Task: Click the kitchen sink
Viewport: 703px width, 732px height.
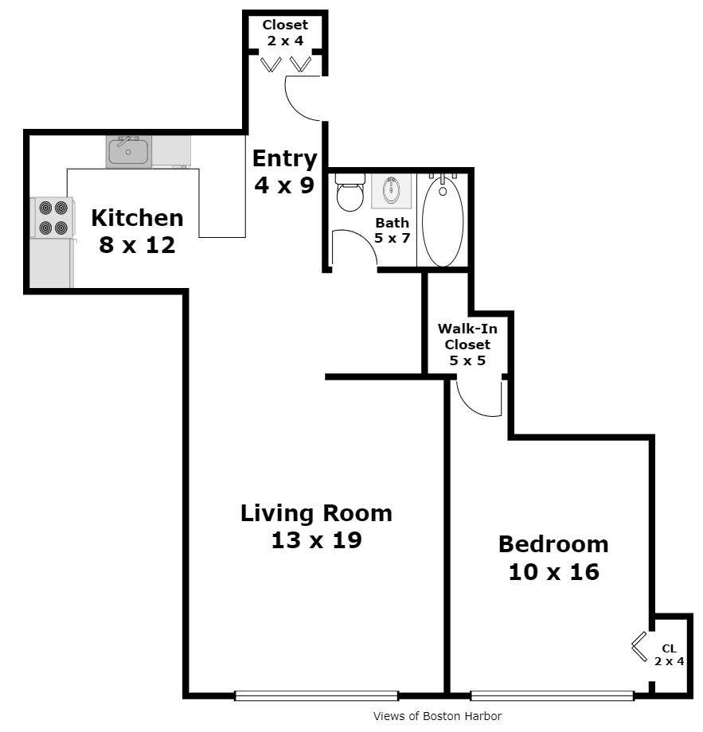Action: click(x=129, y=152)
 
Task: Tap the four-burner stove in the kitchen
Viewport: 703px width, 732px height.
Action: click(x=53, y=217)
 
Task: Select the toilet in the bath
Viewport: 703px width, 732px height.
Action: click(x=349, y=194)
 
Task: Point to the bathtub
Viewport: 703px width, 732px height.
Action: click(x=443, y=221)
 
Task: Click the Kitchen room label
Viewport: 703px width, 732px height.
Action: click(x=137, y=217)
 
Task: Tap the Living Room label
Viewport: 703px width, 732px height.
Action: click(x=316, y=513)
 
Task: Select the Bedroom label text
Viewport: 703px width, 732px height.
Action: click(x=553, y=544)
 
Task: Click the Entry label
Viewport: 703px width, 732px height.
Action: click(x=284, y=159)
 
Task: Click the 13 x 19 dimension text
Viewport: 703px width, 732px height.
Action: click(x=316, y=540)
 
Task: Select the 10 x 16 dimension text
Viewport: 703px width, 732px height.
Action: click(x=553, y=571)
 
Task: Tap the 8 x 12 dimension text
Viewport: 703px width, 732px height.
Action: click(x=137, y=244)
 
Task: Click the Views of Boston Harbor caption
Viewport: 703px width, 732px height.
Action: click(x=437, y=716)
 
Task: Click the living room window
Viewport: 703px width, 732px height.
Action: click(x=316, y=695)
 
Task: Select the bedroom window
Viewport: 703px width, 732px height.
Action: click(x=552, y=695)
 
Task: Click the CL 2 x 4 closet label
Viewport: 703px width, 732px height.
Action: click(x=669, y=655)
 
